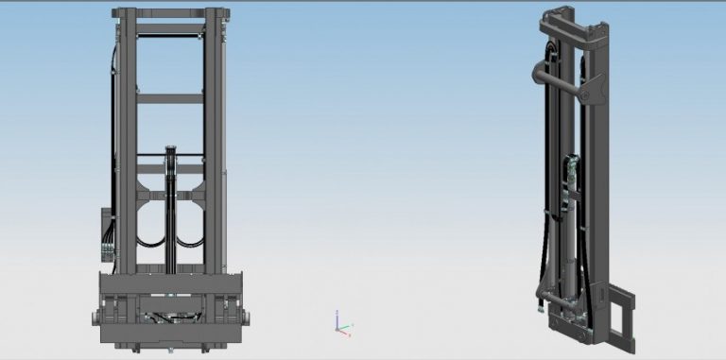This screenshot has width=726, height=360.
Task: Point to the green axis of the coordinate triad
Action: click(347, 327)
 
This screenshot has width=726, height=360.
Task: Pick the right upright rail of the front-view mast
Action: click(216, 142)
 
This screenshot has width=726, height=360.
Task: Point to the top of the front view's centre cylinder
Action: click(170, 149)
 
